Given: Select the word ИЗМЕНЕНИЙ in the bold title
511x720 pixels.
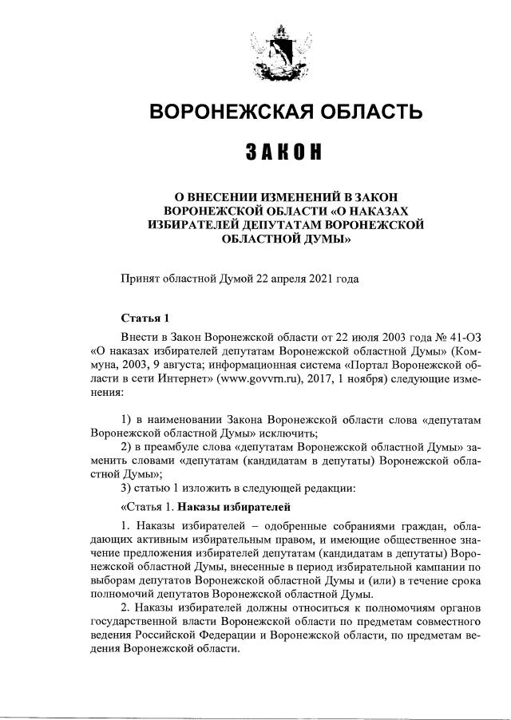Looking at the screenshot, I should pos(283,196).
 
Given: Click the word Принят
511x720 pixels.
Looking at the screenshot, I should pos(140,279).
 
